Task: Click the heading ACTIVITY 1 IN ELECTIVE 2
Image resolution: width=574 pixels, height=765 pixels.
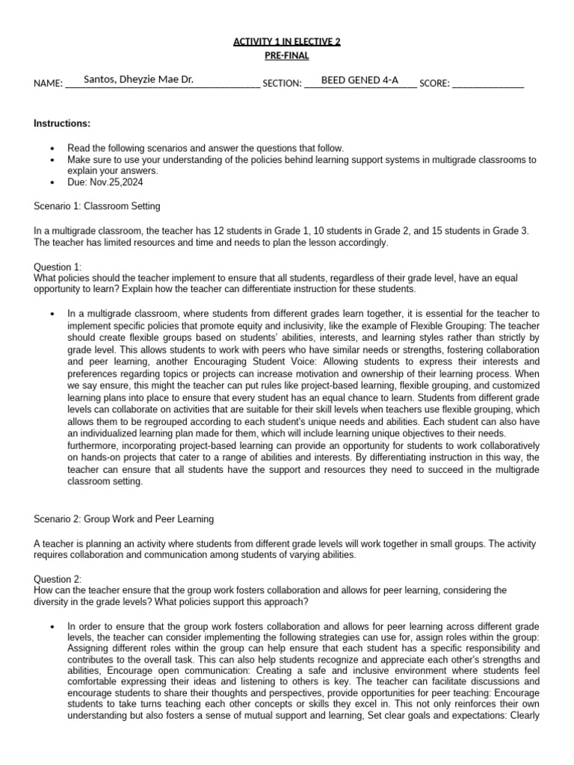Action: (287, 42)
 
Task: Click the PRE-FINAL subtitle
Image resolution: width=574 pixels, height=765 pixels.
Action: (287, 56)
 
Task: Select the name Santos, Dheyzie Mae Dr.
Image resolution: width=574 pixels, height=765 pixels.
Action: (139, 79)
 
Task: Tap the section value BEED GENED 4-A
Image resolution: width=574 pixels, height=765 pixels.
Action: (359, 79)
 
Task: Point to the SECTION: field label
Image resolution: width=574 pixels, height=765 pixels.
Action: (282, 84)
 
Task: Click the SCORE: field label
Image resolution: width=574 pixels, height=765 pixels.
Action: (434, 84)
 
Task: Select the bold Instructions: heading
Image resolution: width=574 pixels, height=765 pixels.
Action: (62, 123)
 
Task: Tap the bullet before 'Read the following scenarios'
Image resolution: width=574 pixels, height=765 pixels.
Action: (52, 149)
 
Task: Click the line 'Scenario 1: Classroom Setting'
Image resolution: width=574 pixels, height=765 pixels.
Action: (97, 206)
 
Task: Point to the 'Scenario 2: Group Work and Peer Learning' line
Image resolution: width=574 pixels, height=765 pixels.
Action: (124, 518)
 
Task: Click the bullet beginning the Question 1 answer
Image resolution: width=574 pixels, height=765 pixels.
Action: (52, 314)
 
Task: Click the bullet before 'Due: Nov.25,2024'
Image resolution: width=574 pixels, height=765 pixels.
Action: (52, 182)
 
